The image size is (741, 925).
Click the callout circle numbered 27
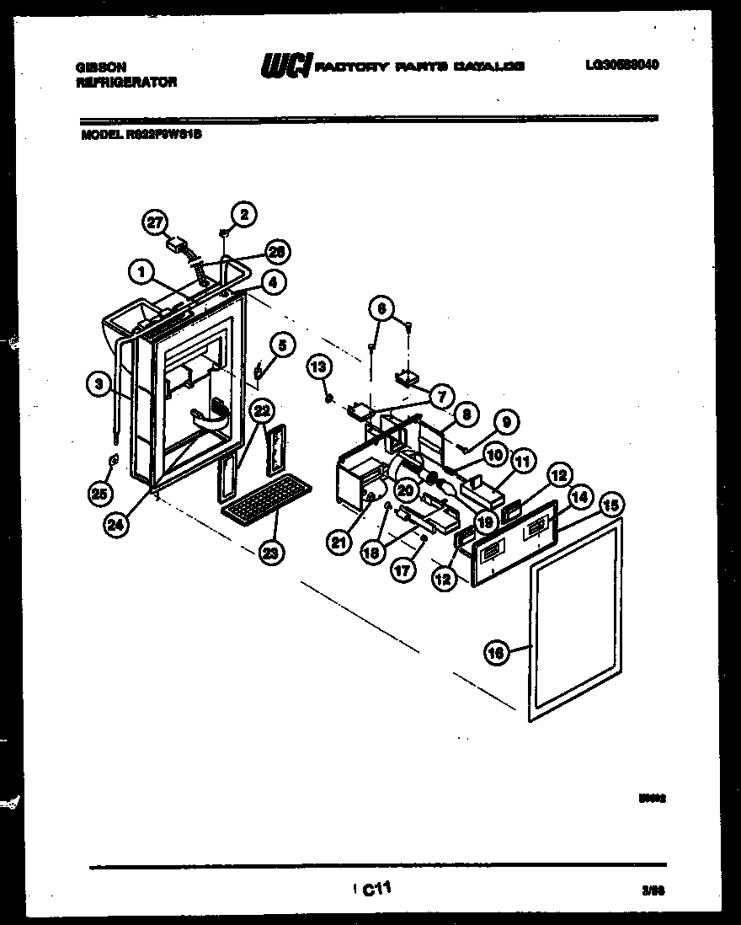[153, 222]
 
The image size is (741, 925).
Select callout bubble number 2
[243, 214]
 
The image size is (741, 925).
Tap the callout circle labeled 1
[142, 271]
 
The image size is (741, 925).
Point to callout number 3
[99, 385]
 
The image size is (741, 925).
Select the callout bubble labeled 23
[272, 553]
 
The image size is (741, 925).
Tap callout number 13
[319, 367]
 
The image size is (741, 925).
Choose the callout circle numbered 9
[507, 423]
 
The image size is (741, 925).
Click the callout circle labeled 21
[339, 543]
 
